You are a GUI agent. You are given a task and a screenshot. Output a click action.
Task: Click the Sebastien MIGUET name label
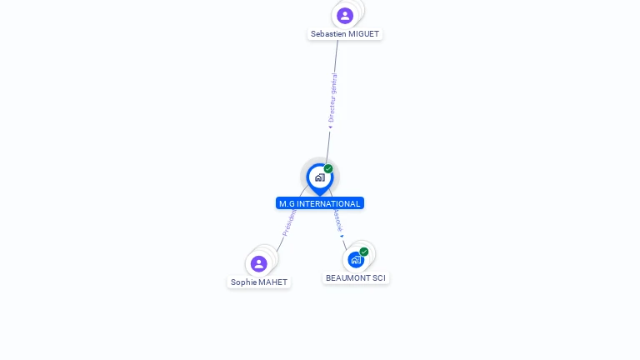(345, 34)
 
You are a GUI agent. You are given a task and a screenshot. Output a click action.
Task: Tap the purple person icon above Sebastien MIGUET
(345, 15)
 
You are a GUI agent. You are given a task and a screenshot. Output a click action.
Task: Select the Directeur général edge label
(332, 98)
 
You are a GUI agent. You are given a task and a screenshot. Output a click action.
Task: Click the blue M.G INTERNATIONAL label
(320, 203)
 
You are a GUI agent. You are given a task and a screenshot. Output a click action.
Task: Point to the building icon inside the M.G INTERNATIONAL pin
(319, 177)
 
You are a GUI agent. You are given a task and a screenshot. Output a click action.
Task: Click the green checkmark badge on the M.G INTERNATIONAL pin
(328, 169)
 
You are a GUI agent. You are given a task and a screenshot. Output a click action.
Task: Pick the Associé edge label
(337, 219)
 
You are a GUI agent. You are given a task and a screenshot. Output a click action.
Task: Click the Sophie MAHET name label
(259, 282)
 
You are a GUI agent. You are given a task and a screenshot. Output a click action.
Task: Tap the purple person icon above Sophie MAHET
(259, 263)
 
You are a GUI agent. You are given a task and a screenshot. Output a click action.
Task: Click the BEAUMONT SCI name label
(356, 277)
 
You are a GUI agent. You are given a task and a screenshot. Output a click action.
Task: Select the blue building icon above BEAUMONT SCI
(356, 259)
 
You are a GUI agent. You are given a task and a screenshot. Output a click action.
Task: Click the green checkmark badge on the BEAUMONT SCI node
(364, 252)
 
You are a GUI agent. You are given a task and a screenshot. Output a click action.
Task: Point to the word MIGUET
(363, 34)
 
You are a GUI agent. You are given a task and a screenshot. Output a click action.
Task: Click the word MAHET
(272, 282)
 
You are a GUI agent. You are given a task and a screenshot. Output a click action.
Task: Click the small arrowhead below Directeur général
(330, 127)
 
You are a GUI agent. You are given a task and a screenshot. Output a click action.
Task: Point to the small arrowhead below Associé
(342, 236)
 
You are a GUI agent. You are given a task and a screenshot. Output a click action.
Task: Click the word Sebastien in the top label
(328, 34)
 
